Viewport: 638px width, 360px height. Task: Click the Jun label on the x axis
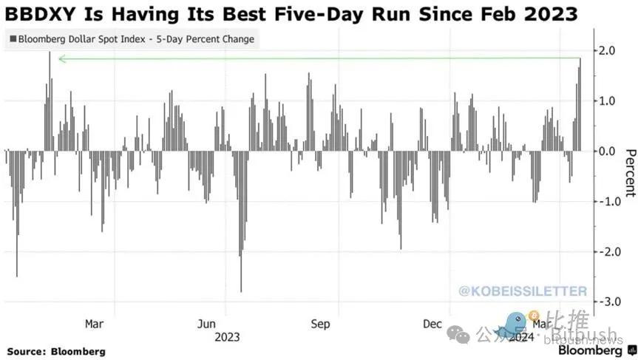[206, 324]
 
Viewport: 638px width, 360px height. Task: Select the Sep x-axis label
[320, 324]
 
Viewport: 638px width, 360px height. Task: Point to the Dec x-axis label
[433, 324]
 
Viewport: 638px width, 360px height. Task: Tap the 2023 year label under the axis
[227, 337]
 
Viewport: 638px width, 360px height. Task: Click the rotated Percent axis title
[630, 173]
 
